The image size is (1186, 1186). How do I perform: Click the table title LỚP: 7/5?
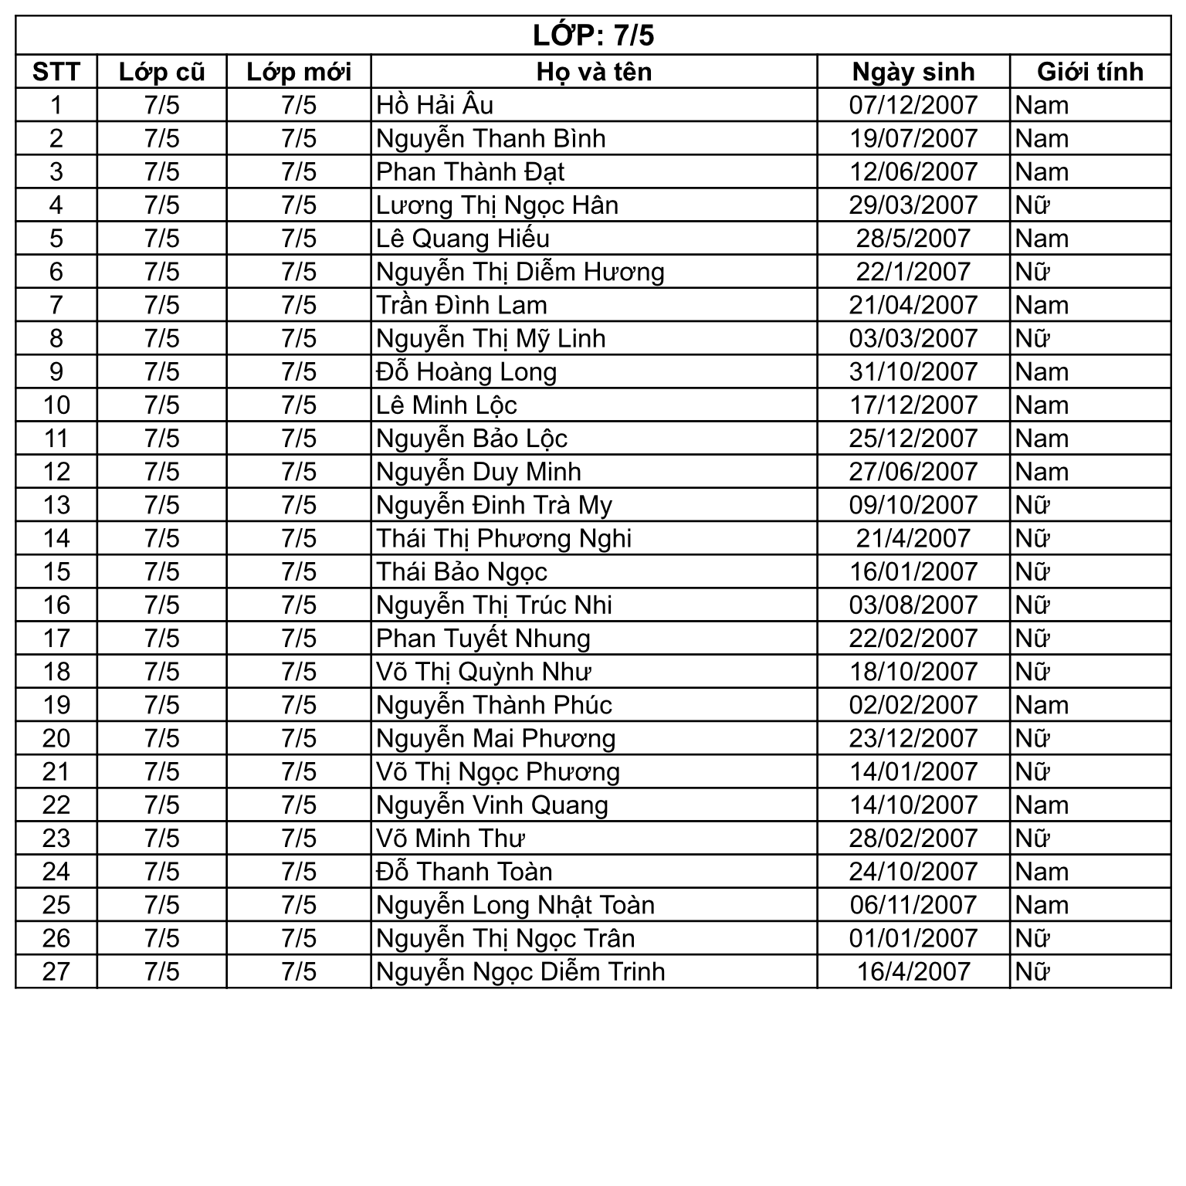tap(593, 36)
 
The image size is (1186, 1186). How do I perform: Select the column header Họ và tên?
tap(594, 72)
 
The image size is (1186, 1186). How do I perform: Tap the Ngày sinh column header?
tap(913, 72)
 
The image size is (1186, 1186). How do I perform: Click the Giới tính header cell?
tap(1089, 72)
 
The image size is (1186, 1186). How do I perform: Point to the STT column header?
tap(56, 72)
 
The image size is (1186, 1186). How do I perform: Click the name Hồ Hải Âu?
tap(435, 105)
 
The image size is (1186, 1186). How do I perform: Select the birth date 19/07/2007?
tap(913, 139)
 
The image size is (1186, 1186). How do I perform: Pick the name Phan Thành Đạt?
tap(470, 172)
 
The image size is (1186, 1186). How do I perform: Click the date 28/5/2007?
tap(913, 239)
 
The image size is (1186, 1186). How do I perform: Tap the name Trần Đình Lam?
tap(462, 305)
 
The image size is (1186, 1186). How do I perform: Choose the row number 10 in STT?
tap(56, 405)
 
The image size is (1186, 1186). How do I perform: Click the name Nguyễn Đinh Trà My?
tap(494, 505)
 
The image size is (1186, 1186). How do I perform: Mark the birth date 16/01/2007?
tap(913, 571)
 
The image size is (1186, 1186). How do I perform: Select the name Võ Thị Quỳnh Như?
tap(483, 672)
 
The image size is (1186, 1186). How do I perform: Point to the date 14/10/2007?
tap(913, 805)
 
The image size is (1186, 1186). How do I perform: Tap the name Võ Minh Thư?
tap(450, 839)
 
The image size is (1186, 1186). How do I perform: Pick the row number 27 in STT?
tap(56, 971)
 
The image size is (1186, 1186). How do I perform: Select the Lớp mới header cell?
tap(299, 72)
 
